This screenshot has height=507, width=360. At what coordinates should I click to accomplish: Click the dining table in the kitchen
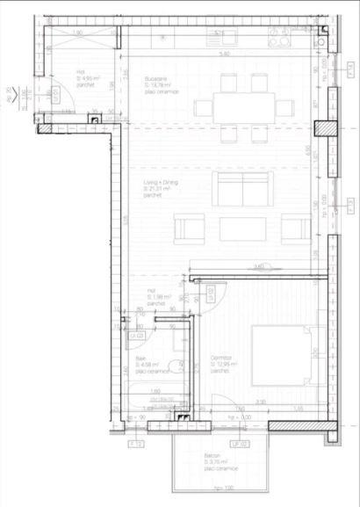click(244, 108)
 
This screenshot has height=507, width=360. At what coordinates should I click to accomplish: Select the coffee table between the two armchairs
click(242, 230)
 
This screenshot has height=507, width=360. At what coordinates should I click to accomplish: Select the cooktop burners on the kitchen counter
click(283, 38)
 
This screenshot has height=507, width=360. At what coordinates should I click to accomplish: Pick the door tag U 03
click(137, 335)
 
